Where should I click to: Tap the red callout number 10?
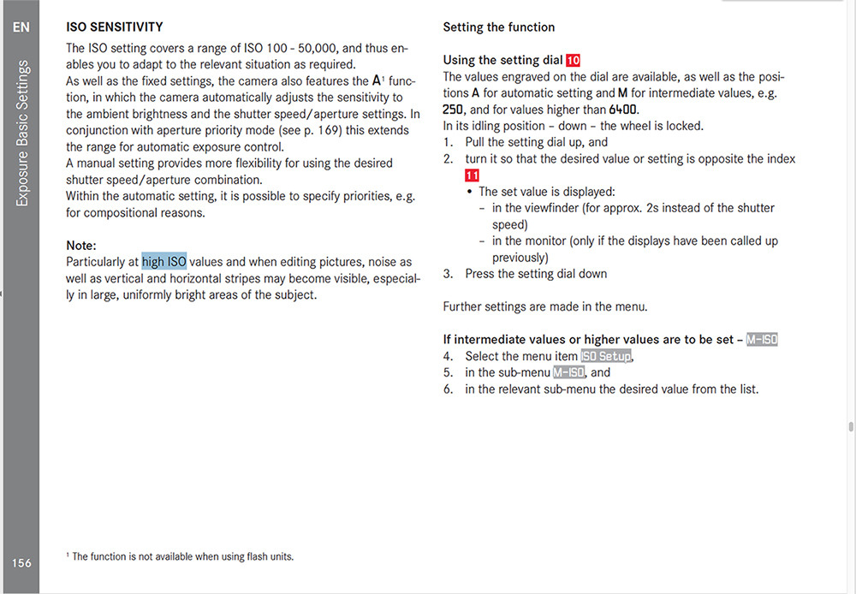tap(573, 60)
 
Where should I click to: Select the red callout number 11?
tap(472, 175)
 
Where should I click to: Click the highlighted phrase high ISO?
tap(164, 262)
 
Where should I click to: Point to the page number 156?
tap(21, 562)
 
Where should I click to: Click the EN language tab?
tap(21, 27)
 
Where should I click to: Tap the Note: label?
tap(81, 245)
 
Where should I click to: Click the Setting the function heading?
tap(498, 27)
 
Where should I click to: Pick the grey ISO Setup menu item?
tap(606, 356)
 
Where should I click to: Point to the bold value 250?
tap(455, 110)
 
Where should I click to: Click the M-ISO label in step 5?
tap(569, 372)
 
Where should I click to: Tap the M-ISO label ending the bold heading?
tap(761, 340)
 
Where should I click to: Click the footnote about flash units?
tap(180, 556)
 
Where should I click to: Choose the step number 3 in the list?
tap(448, 274)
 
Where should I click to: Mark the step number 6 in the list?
tap(448, 389)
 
